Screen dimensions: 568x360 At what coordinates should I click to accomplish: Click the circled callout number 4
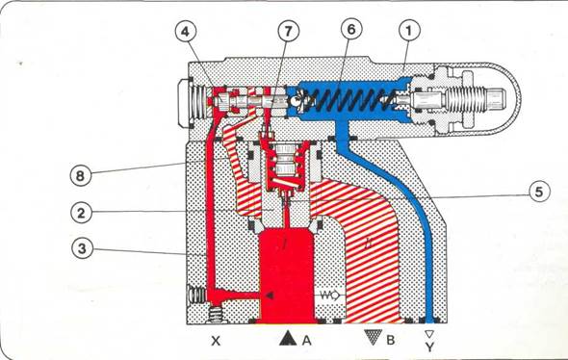(186, 32)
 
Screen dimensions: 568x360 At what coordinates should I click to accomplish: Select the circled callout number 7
(289, 31)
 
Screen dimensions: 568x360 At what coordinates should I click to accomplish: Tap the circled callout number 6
(351, 30)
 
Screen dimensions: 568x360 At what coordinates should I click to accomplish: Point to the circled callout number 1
(409, 31)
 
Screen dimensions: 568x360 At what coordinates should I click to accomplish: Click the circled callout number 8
(81, 175)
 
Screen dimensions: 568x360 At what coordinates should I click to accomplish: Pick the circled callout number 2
(81, 213)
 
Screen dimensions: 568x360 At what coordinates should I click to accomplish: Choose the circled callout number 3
(82, 248)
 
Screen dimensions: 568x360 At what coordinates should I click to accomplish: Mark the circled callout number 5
(539, 192)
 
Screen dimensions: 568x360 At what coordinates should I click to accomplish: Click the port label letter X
(216, 341)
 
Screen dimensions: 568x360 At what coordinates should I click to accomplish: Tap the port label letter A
(306, 340)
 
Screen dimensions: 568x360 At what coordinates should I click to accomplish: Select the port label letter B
(390, 340)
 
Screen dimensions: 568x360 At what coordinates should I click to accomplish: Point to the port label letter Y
(429, 347)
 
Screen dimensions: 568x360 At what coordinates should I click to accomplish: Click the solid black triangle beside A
(289, 338)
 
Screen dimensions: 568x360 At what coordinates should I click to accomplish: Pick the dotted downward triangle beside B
(374, 337)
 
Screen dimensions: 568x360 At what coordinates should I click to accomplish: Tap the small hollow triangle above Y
(429, 334)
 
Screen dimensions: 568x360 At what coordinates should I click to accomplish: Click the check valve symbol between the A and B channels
(329, 296)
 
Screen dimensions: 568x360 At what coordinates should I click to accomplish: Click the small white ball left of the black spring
(296, 101)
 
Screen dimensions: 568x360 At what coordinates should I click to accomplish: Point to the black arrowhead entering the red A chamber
(270, 296)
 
